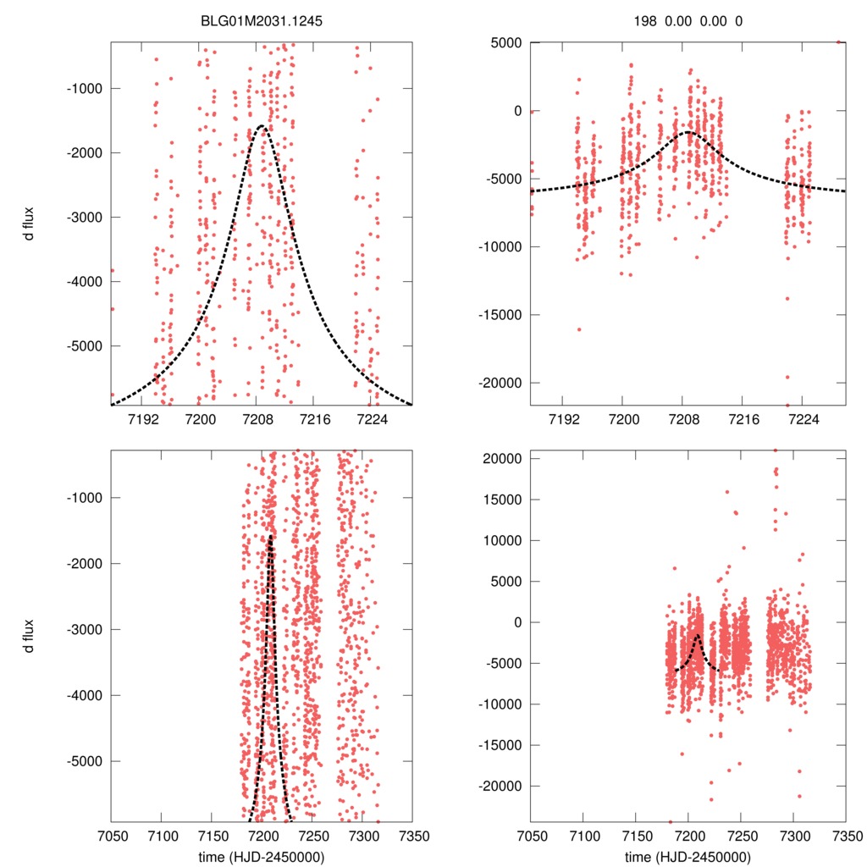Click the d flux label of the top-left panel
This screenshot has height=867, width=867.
[29, 224]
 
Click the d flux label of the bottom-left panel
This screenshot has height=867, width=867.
[29, 635]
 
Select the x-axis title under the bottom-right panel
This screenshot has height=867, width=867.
[688, 857]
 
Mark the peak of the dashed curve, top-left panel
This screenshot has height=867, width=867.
[260, 126]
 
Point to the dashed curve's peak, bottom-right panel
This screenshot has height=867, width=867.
[697, 634]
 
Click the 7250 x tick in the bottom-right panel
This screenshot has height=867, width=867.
[740, 835]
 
